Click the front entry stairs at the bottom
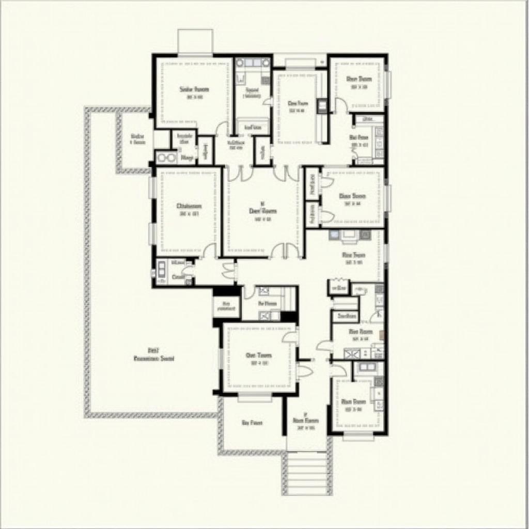(x=307, y=473)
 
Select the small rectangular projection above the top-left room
(x=195, y=41)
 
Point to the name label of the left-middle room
(x=189, y=206)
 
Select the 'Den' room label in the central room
(x=263, y=211)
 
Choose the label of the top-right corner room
(x=359, y=79)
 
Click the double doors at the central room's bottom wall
(x=286, y=251)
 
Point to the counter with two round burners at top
(x=253, y=64)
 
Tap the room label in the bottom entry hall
(x=306, y=421)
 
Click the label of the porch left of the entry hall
(x=252, y=423)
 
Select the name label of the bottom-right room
(x=354, y=401)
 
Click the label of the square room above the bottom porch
(x=259, y=355)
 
